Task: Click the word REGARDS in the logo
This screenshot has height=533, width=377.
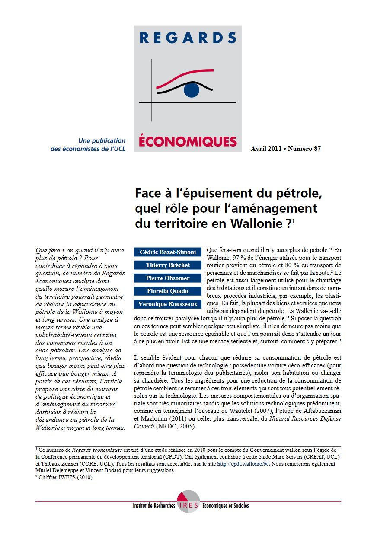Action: coord(188,38)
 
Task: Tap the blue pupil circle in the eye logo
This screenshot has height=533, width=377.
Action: coord(192,90)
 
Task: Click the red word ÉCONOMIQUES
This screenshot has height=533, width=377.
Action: coord(188,141)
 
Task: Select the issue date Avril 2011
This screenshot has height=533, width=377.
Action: coord(265,149)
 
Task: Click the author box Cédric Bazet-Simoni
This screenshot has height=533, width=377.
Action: coord(168,252)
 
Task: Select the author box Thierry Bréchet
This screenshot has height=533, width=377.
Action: coord(168,265)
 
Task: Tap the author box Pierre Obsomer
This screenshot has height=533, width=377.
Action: coord(168,278)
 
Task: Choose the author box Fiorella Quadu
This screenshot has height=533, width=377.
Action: coord(168,291)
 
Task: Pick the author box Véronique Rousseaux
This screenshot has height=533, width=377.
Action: coord(168,304)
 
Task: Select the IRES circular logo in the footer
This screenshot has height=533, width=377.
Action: coord(188,502)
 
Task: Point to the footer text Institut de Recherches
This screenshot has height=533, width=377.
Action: coord(154,506)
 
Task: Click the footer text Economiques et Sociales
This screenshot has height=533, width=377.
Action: coord(226,506)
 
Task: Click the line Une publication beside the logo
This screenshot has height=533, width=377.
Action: coord(102,140)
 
